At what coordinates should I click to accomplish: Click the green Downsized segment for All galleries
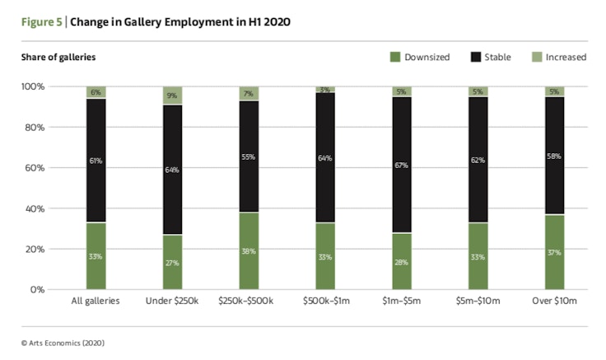(96, 255)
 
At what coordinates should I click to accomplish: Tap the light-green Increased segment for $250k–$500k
(249, 93)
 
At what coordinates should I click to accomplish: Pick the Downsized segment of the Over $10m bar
(553, 252)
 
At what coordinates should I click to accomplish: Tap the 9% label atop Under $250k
(172, 96)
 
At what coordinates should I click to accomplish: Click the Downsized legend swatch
(395, 58)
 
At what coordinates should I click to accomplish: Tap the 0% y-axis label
(37, 289)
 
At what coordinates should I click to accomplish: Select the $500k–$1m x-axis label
(324, 302)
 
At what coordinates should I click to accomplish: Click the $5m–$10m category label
(477, 302)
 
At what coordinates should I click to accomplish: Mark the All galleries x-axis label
(96, 302)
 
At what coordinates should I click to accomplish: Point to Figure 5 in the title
(42, 22)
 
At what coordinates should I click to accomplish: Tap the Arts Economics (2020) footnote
(63, 342)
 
